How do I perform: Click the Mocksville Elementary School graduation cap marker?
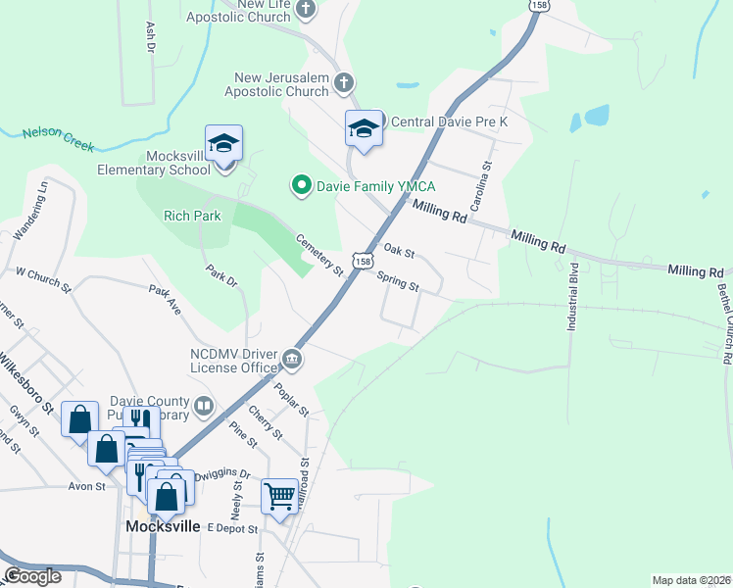click(x=223, y=143)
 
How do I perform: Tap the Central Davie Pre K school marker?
click(x=364, y=128)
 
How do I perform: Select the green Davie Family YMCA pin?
click(x=302, y=184)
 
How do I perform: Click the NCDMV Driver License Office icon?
click(x=292, y=361)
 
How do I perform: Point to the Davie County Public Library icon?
click(x=204, y=405)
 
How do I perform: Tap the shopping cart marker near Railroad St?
click(x=279, y=496)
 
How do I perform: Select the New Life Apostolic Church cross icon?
click(x=305, y=10)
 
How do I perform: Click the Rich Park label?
click(x=193, y=216)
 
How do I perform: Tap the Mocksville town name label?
click(x=163, y=526)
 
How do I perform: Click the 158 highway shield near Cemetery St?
click(x=364, y=262)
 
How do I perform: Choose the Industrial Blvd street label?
click(x=573, y=295)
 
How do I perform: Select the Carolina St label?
click(x=482, y=173)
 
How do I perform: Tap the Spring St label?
click(x=399, y=280)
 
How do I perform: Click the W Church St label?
click(x=44, y=280)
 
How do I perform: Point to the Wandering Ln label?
click(x=28, y=209)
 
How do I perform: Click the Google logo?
click(x=32, y=575)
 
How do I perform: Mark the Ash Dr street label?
click(x=150, y=37)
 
